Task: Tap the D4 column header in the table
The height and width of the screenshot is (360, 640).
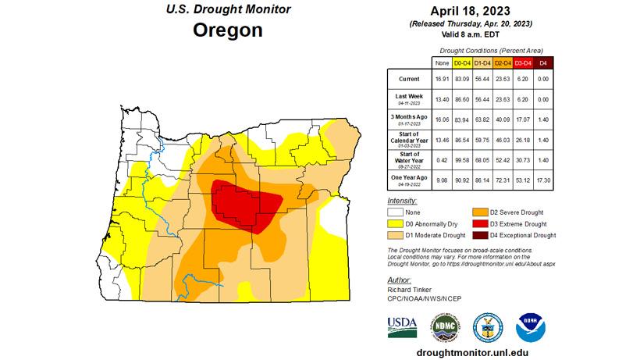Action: click(544, 61)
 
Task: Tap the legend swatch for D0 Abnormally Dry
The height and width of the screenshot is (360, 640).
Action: click(397, 223)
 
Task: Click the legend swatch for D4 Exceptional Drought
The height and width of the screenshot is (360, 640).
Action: click(479, 234)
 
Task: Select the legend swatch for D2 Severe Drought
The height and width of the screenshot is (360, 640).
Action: click(479, 212)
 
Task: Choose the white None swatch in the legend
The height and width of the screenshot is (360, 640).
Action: click(397, 212)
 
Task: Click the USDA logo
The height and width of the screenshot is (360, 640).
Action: click(403, 325)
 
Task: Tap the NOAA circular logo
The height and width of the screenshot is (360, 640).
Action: click(530, 325)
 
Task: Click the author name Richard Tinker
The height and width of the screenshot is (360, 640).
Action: click(408, 289)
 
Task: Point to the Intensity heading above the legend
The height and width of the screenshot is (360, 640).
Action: click(401, 201)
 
